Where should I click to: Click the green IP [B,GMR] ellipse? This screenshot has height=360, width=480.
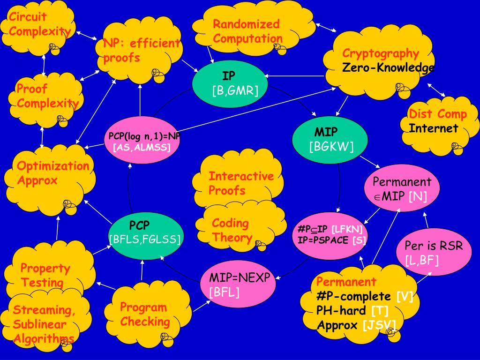[x=229, y=83]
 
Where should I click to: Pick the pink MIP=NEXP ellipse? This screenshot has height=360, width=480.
[x=240, y=285]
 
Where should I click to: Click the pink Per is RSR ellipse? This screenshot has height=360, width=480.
[x=433, y=253]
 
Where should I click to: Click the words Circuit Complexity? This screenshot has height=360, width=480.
[x=38, y=24]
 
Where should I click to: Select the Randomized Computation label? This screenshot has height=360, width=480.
[x=247, y=31]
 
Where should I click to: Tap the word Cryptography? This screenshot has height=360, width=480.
[x=380, y=53]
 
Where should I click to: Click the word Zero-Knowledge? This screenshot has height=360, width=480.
[x=388, y=68]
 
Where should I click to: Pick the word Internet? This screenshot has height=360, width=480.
[x=433, y=128]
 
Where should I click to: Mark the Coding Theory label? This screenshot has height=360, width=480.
[x=232, y=230]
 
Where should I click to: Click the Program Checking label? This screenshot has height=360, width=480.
[x=144, y=315]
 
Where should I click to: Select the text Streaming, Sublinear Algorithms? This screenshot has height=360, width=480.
[x=44, y=324]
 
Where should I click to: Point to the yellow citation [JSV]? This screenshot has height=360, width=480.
[x=379, y=325]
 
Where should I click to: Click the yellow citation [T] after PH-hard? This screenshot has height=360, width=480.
[x=379, y=310]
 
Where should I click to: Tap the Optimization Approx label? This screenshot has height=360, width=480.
[x=52, y=173]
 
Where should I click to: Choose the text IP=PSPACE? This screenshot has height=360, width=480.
[x=323, y=240]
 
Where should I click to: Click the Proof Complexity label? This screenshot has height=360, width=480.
[x=47, y=96]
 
